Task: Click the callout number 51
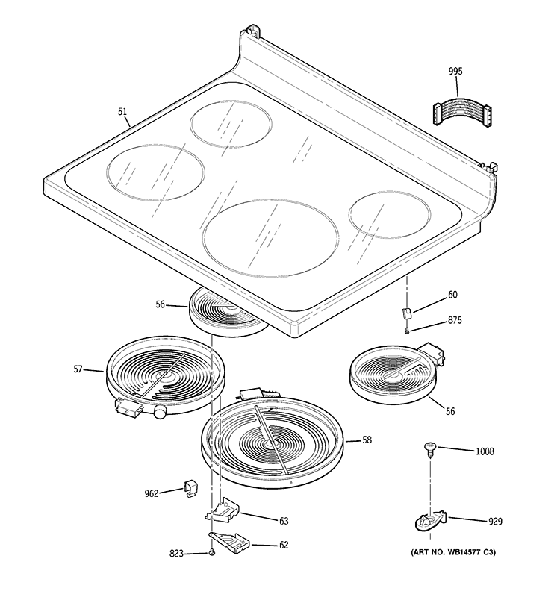(122, 111)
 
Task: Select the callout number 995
(455, 71)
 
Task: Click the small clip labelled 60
(407, 313)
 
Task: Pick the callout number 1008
(485, 451)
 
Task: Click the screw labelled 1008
(431, 448)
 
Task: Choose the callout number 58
(367, 440)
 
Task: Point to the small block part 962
(190, 489)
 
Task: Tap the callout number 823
(177, 553)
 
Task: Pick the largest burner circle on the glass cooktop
(269, 236)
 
